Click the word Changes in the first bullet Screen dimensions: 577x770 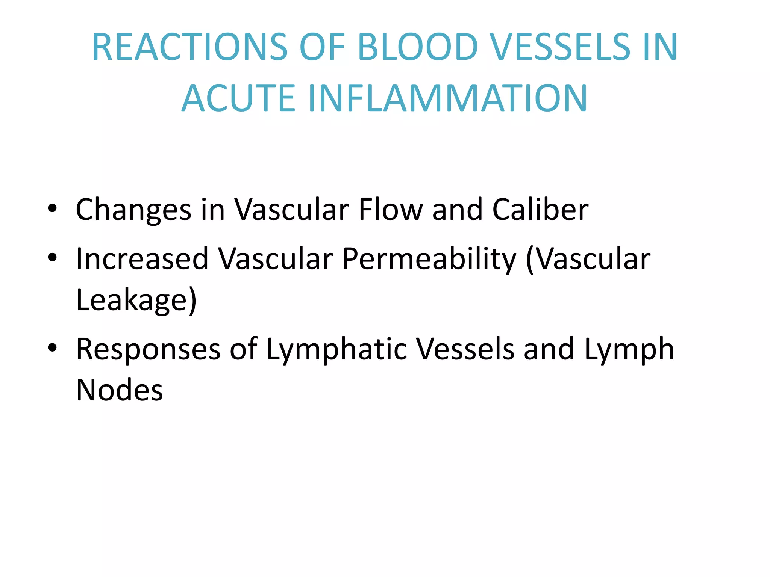click(x=133, y=210)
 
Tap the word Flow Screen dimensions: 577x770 click(x=391, y=209)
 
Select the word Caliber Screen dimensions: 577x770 click(x=540, y=209)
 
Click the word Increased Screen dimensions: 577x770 click(x=142, y=259)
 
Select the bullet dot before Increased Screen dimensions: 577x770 click(x=52, y=257)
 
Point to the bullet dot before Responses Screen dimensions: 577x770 click(x=52, y=347)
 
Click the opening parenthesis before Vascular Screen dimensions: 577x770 click(x=529, y=260)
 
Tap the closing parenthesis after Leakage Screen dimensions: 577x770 click(x=192, y=300)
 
